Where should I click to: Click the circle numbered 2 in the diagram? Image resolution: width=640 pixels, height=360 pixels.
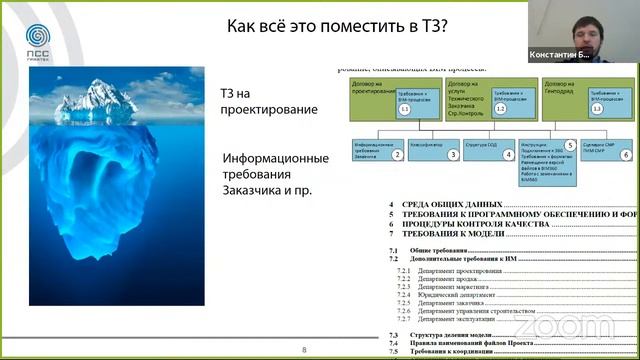coord(396,155)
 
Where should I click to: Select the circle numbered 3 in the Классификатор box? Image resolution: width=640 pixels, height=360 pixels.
coord(453,155)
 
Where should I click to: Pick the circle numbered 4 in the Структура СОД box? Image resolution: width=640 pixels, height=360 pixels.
coord(509,155)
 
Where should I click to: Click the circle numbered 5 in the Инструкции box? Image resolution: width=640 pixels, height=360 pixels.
coord(569,146)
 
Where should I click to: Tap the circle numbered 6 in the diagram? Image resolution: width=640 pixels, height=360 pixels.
coord(626,155)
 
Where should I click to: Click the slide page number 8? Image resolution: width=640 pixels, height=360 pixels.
coord(306,349)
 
